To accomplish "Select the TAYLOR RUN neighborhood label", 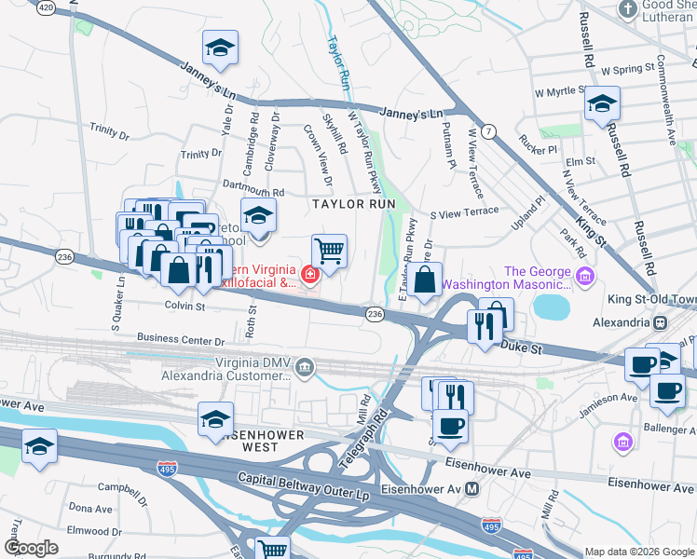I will [354, 203].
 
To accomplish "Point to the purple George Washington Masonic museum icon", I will [584, 276].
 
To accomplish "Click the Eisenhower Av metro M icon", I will [472, 488].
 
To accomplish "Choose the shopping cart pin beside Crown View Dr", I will [329, 250].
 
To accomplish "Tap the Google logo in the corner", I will [31, 547].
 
